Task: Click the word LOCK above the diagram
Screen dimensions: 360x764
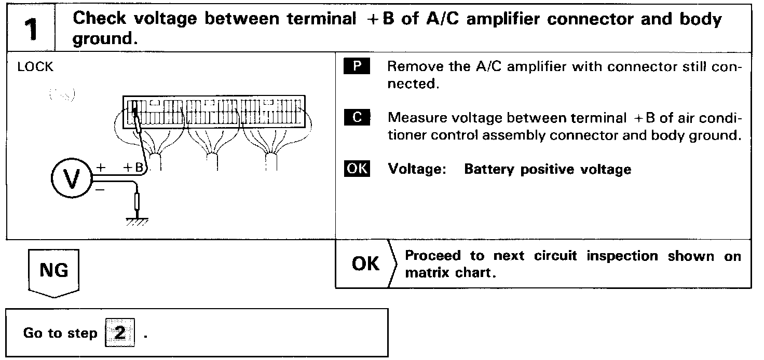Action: (35, 67)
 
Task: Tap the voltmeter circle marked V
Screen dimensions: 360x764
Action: (72, 179)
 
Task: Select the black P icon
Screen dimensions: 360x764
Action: (357, 67)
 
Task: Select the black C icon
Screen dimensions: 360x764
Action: (357, 118)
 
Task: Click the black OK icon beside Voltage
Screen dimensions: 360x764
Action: (357, 169)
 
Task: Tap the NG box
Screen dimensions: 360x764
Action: (54, 271)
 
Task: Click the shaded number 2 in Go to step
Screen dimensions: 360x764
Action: (119, 333)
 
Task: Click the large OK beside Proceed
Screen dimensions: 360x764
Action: (365, 264)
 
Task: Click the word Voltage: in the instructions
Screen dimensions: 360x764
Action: (417, 170)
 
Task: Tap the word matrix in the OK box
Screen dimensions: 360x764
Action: (428, 273)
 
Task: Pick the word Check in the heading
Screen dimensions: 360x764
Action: (99, 20)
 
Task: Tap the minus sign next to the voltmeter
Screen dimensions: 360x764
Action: (100, 190)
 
